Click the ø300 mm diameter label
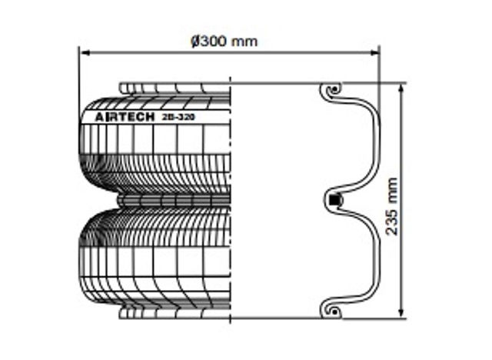pyautogui.click(x=224, y=42)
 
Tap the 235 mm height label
pyautogui.click(x=391, y=206)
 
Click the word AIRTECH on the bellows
pyautogui.click(x=125, y=117)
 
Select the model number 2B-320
pyautogui.click(x=178, y=117)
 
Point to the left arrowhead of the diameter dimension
pyautogui.click(x=85, y=53)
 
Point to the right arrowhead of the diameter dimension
pyautogui.click(x=374, y=53)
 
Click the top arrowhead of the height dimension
pyautogui.click(x=401, y=88)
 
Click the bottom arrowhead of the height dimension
pyautogui.click(x=401, y=313)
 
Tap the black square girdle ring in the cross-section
pyautogui.click(x=334, y=200)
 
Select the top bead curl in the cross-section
pyautogui.click(x=332, y=92)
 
